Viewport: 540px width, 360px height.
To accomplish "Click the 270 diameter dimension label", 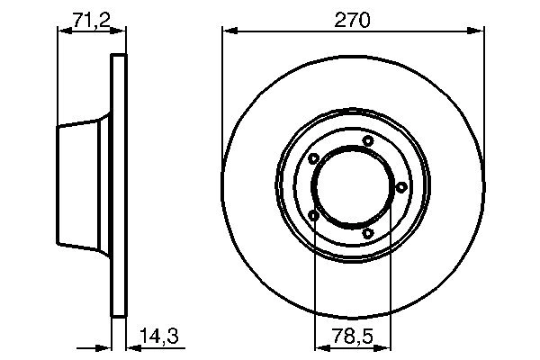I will coord(354,18).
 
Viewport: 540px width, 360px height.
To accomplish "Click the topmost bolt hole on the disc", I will coord(367,140).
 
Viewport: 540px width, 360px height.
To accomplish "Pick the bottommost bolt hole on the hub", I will coord(367,233).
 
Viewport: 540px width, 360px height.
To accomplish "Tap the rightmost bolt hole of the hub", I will coord(399,186).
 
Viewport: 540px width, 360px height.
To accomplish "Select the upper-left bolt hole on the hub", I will coord(313,159).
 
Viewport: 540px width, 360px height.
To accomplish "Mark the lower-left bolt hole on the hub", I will coord(313,214).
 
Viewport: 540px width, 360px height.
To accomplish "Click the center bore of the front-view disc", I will coord(352,186).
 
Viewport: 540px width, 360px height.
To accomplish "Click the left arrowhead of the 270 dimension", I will coord(229,31).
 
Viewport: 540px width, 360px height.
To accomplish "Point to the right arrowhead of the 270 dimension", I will coord(477,31).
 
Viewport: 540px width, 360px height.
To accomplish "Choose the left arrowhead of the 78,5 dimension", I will coord(319,346).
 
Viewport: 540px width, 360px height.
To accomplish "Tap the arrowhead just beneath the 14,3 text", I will coord(128,346).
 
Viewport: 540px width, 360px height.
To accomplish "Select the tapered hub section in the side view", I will coord(84,186).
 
